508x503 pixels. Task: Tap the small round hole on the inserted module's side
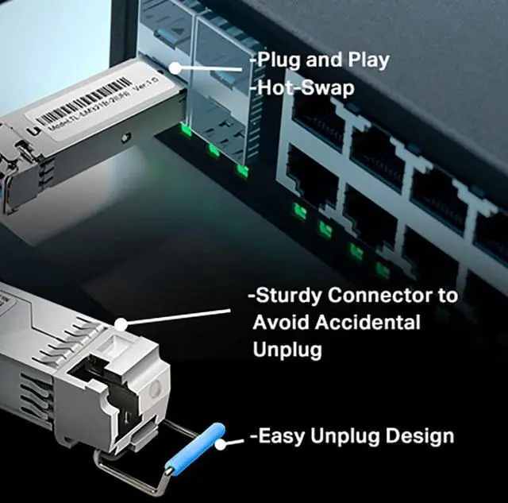tap(124, 137)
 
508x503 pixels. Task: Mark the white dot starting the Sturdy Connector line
tap(121, 324)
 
